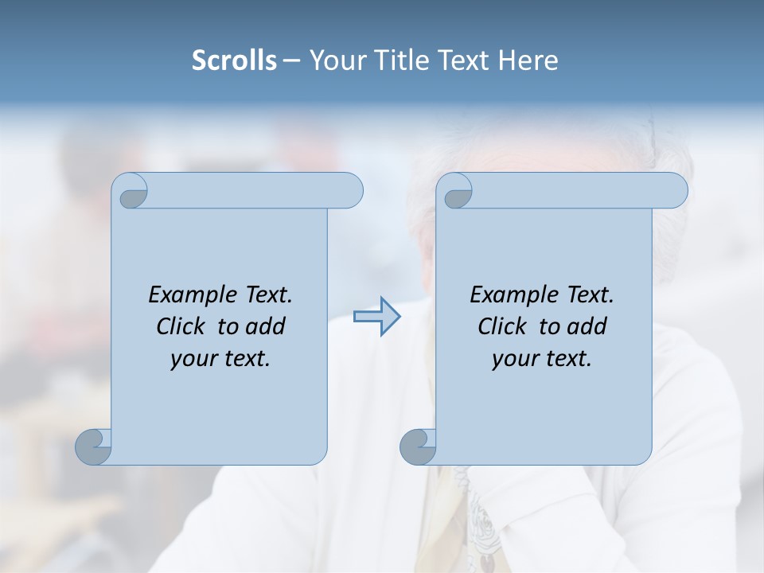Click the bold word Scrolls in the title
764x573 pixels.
pos(234,60)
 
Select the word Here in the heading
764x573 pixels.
pos(528,60)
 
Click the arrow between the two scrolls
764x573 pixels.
pos(376,317)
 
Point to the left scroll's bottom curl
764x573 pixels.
pos(94,446)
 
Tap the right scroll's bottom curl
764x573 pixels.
pos(418,446)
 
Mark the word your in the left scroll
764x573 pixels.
pos(193,359)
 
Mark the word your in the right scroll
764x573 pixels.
pos(515,359)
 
